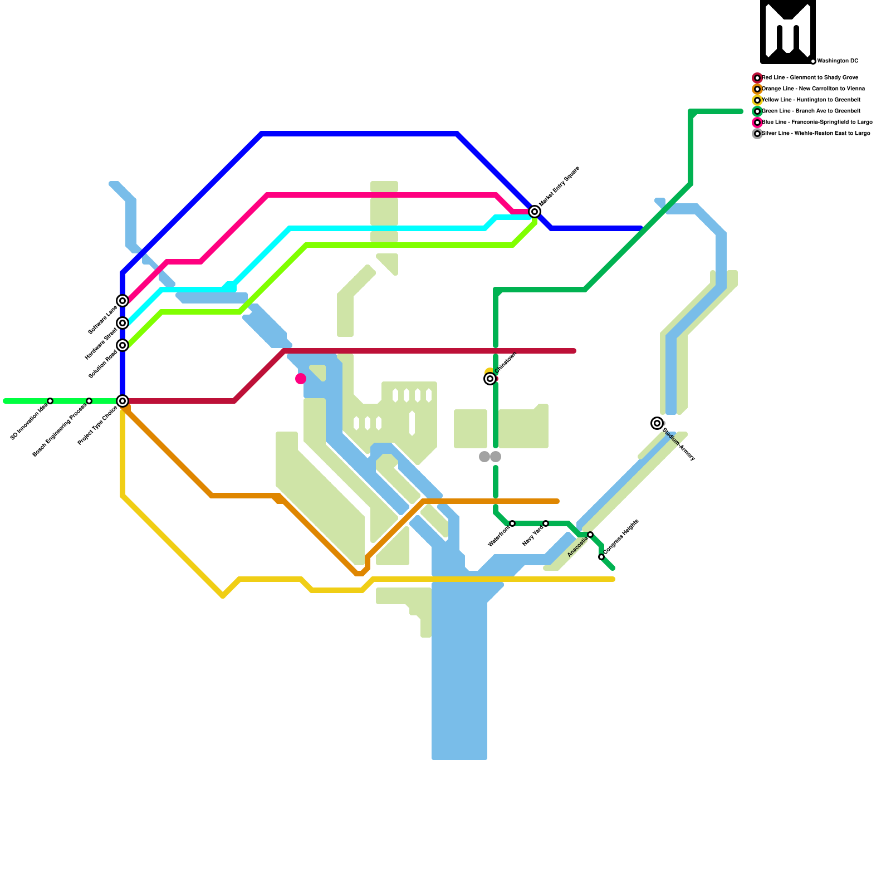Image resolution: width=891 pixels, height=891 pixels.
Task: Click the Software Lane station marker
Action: point(123,301)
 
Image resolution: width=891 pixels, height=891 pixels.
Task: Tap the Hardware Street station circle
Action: point(123,323)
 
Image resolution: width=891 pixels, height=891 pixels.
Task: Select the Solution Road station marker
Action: point(123,345)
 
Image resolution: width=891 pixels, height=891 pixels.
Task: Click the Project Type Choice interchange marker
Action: point(123,401)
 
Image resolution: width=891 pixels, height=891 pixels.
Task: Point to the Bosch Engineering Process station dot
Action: point(89,401)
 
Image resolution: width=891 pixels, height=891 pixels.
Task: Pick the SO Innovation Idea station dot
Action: point(50,401)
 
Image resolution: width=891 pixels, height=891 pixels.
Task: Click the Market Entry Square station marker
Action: point(535,212)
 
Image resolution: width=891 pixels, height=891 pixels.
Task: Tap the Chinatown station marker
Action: point(490,379)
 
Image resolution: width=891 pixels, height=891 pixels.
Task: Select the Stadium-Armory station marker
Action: point(657,423)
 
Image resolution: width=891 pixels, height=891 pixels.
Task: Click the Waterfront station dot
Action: point(512,523)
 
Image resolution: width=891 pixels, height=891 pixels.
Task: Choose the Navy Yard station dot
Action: point(546,523)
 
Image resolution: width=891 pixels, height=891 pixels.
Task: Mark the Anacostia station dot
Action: point(590,535)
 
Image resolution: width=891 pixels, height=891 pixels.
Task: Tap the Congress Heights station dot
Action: point(601,557)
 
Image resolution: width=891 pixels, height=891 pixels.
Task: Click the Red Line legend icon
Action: point(757,78)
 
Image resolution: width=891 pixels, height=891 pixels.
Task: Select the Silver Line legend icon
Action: point(757,134)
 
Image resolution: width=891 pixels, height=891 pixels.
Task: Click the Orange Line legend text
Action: point(813,89)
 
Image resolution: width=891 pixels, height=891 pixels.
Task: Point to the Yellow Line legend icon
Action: point(757,100)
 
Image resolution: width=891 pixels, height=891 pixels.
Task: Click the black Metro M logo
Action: point(788,32)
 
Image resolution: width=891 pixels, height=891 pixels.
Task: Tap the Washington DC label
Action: point(838,61)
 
